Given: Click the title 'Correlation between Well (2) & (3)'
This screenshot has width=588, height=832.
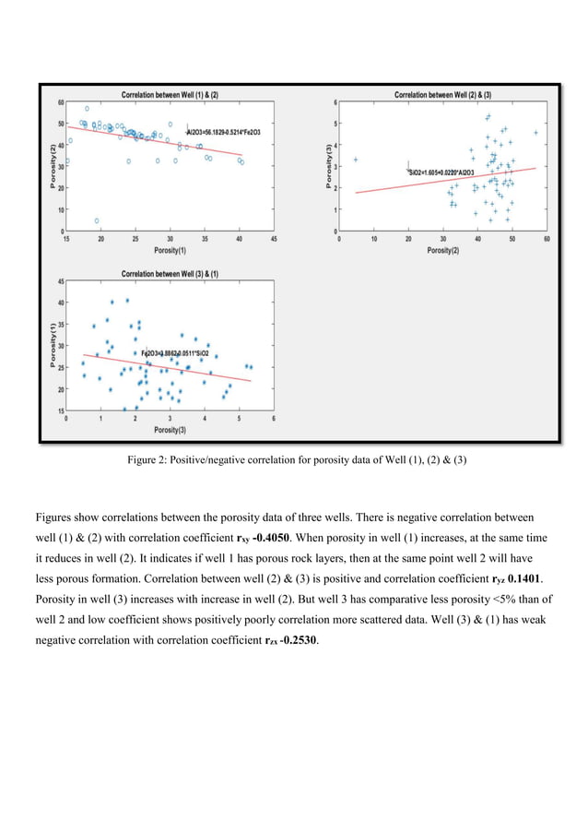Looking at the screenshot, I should (x=443, y=94).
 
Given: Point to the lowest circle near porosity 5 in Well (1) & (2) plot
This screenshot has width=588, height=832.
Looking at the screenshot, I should (x=97, y=220).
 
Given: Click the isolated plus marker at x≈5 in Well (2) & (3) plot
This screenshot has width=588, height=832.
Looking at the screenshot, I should (x=356, y=160).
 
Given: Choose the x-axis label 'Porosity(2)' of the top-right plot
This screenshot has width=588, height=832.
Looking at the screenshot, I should (x=443, y=250).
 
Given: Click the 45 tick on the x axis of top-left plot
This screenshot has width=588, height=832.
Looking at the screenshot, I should (x=274, y=238).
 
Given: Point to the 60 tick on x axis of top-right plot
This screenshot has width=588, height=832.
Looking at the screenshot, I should (x=547, y=238).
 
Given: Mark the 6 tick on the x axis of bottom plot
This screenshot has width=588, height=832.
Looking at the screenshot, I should (x=274, y=418).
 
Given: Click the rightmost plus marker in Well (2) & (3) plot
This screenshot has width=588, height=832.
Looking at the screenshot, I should (x=535, y=133).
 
